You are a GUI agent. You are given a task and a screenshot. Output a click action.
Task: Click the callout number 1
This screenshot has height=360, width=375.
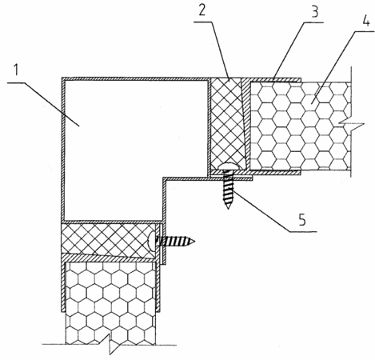pos(16,70)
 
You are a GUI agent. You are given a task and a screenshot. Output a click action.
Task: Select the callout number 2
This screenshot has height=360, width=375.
pos(202,10)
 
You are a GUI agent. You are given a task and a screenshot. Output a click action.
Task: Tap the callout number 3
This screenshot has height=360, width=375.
pos(315,11)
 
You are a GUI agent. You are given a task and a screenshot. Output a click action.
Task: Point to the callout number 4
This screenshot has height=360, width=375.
pos(366,20)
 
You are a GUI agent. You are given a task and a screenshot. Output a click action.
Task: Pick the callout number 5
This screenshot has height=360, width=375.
pos(302,220)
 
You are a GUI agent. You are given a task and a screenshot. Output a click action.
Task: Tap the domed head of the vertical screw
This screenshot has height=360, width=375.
pos(228,166)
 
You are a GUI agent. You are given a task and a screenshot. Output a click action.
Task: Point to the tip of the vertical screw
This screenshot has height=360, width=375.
pos(228,209)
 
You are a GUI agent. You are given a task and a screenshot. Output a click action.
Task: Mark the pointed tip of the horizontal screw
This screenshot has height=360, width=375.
pos(194,242)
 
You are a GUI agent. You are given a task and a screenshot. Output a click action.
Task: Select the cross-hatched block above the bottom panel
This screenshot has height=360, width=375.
pos(108,238)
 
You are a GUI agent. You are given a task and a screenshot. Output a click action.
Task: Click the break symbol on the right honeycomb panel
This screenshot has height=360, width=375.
pos(351,124)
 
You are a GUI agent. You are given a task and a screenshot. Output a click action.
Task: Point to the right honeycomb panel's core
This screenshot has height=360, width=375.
pos(300,126)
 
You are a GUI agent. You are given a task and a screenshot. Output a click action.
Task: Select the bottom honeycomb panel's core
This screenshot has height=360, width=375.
pos(111,302)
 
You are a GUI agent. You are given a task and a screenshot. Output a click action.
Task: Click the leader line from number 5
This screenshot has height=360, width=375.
pos(273,210)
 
